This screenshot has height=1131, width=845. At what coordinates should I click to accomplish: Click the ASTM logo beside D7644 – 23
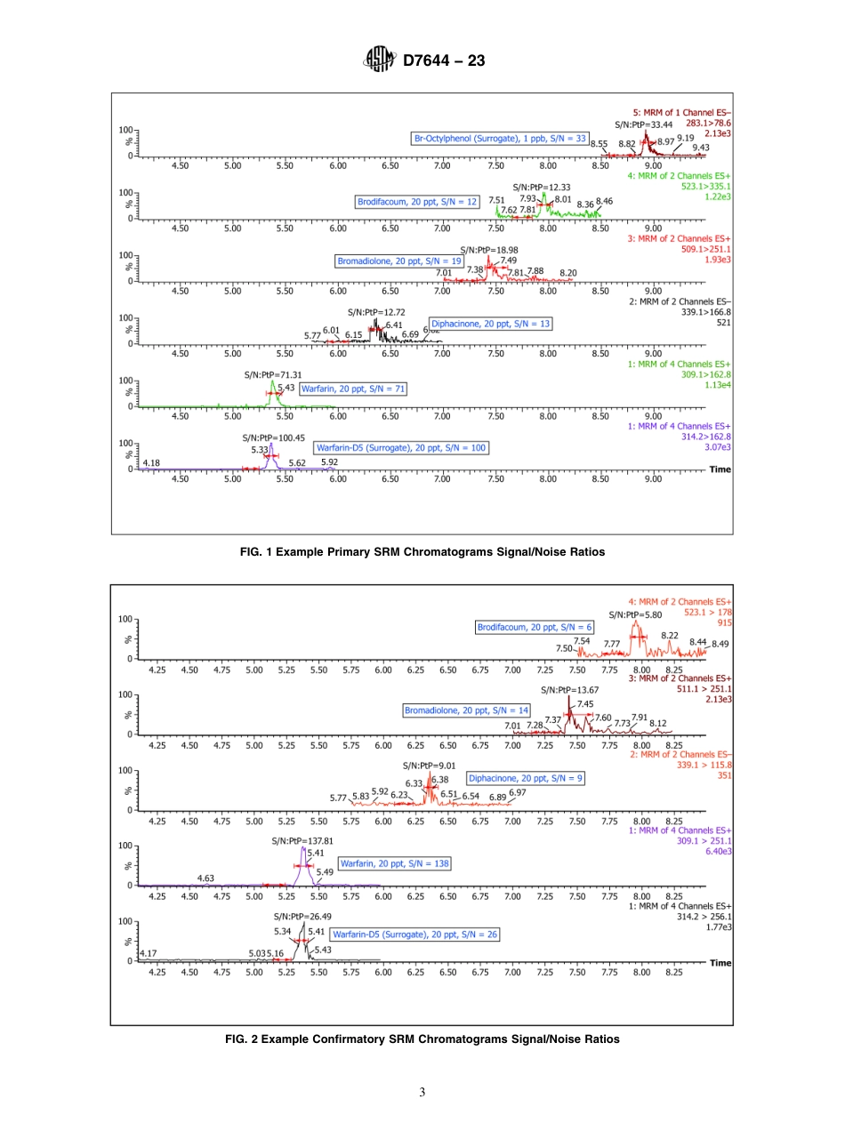[379, 61]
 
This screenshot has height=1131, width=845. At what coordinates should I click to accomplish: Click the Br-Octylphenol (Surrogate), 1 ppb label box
[500, 139]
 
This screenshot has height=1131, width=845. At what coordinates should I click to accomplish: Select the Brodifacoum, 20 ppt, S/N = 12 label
[417, 202]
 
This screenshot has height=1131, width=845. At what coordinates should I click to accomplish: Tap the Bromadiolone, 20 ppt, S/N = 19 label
[399, 261]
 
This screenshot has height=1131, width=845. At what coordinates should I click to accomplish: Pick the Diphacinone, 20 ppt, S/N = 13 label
[491, 324]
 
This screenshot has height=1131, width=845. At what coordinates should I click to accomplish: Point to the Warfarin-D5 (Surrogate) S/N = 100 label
[401, 449]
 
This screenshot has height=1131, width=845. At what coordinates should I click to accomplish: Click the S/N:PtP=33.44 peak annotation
[643, 124]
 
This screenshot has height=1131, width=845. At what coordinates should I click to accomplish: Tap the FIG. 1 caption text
[422, 552]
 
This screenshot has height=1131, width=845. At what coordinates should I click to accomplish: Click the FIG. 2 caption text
[422, 1039]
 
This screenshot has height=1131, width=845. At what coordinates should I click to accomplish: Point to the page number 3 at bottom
[422, 1092]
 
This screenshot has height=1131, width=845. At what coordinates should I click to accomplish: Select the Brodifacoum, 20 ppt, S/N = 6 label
[535, 627]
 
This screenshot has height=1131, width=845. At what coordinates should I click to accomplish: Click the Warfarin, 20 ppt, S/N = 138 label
[394, 863]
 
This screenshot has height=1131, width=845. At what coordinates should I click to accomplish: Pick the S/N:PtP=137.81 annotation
[302, 840]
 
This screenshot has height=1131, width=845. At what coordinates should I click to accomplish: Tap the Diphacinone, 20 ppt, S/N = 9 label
[526, 778]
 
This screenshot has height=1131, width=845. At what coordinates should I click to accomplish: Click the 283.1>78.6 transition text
[708, 124]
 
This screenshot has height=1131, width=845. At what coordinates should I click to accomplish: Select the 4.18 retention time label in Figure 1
[151, 462]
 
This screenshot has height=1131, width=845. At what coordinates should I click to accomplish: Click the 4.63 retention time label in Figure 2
[205, 878]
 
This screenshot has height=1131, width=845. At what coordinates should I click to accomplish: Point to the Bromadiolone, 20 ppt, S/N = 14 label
[467, 710]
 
